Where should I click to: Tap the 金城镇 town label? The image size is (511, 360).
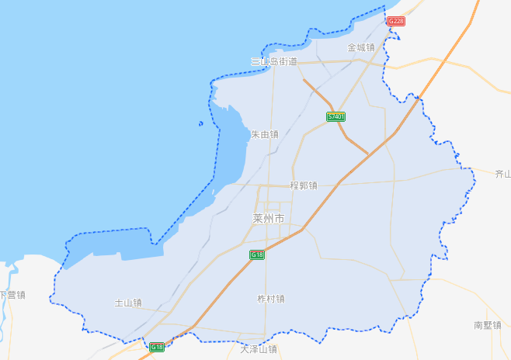click(360, 47)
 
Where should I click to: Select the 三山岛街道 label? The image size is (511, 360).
click(273, 61)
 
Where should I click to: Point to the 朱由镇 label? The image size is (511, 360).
click(264, 134)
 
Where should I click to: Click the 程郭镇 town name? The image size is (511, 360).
click(303, 185)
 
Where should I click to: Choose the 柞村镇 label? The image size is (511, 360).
click(271, 299)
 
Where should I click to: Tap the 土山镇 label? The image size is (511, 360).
click(128, 303)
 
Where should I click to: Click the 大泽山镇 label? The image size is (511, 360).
click(259, 350)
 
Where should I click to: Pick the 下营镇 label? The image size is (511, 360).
click(12, 295)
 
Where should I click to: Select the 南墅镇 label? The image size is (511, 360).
click(488, 325)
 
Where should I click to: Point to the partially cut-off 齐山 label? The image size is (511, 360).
click(502, 175)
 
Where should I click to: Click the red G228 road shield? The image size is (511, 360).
click(396, 21)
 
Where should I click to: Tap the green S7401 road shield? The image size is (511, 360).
click(335, 116)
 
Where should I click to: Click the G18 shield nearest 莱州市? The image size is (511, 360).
click(257, 254)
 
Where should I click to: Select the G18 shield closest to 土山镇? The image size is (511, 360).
click(157, 347)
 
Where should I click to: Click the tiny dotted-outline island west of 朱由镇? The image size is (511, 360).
click(200, 123)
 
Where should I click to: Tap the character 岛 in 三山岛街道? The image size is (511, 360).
click(273, 61)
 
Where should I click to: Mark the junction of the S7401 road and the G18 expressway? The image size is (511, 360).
click(367, 156)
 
